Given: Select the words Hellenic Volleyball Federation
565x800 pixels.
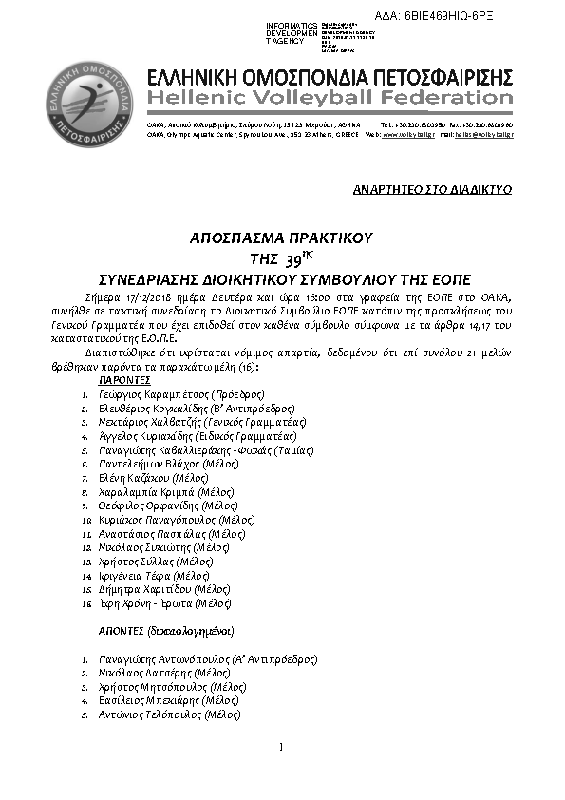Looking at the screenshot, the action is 330,98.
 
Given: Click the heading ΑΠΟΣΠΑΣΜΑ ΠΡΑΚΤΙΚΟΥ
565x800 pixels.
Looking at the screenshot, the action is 282,238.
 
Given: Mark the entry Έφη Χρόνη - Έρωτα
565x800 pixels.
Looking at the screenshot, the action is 164,603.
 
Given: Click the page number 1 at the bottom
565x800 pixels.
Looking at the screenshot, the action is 282,746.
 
